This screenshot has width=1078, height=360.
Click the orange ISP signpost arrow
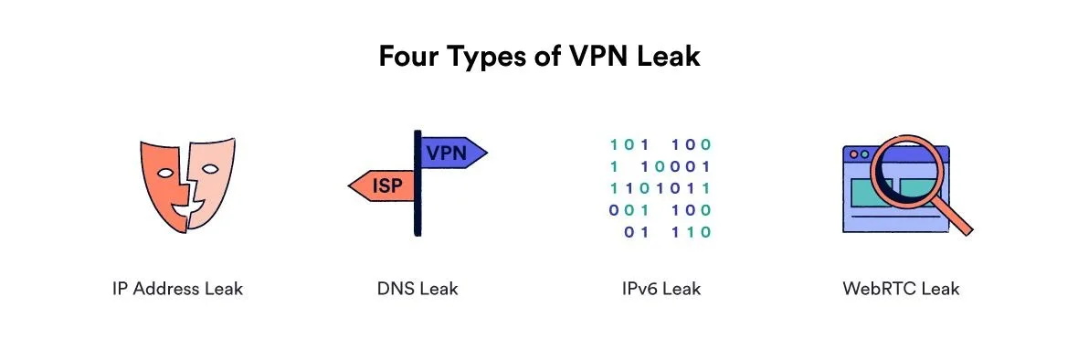click(x=382, y=185)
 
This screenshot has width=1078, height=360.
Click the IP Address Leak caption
click(x=177, y=288)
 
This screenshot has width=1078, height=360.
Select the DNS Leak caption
click(x=417, y=288)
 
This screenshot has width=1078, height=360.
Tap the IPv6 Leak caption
click(x=661, y=288)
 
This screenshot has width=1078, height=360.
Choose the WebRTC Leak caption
click(x=901, y=288)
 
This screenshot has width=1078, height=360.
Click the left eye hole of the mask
click(x=165, y=173)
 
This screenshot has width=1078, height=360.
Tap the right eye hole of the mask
click(x=211, y=168)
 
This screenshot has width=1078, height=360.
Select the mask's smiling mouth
click(x=187, y=206)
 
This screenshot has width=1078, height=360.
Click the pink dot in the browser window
click(x=854, y=154)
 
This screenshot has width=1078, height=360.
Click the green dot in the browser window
click(x=864, y=154)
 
